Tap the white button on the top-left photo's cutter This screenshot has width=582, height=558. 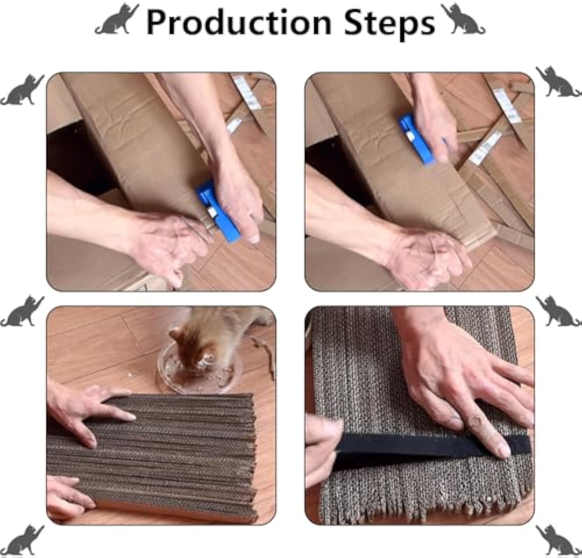tap(212, 211)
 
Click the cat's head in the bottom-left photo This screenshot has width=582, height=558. tap(194, 341)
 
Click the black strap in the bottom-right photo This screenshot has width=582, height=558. tap(431, 449)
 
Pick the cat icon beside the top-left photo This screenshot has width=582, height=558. tap(22, 90)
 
